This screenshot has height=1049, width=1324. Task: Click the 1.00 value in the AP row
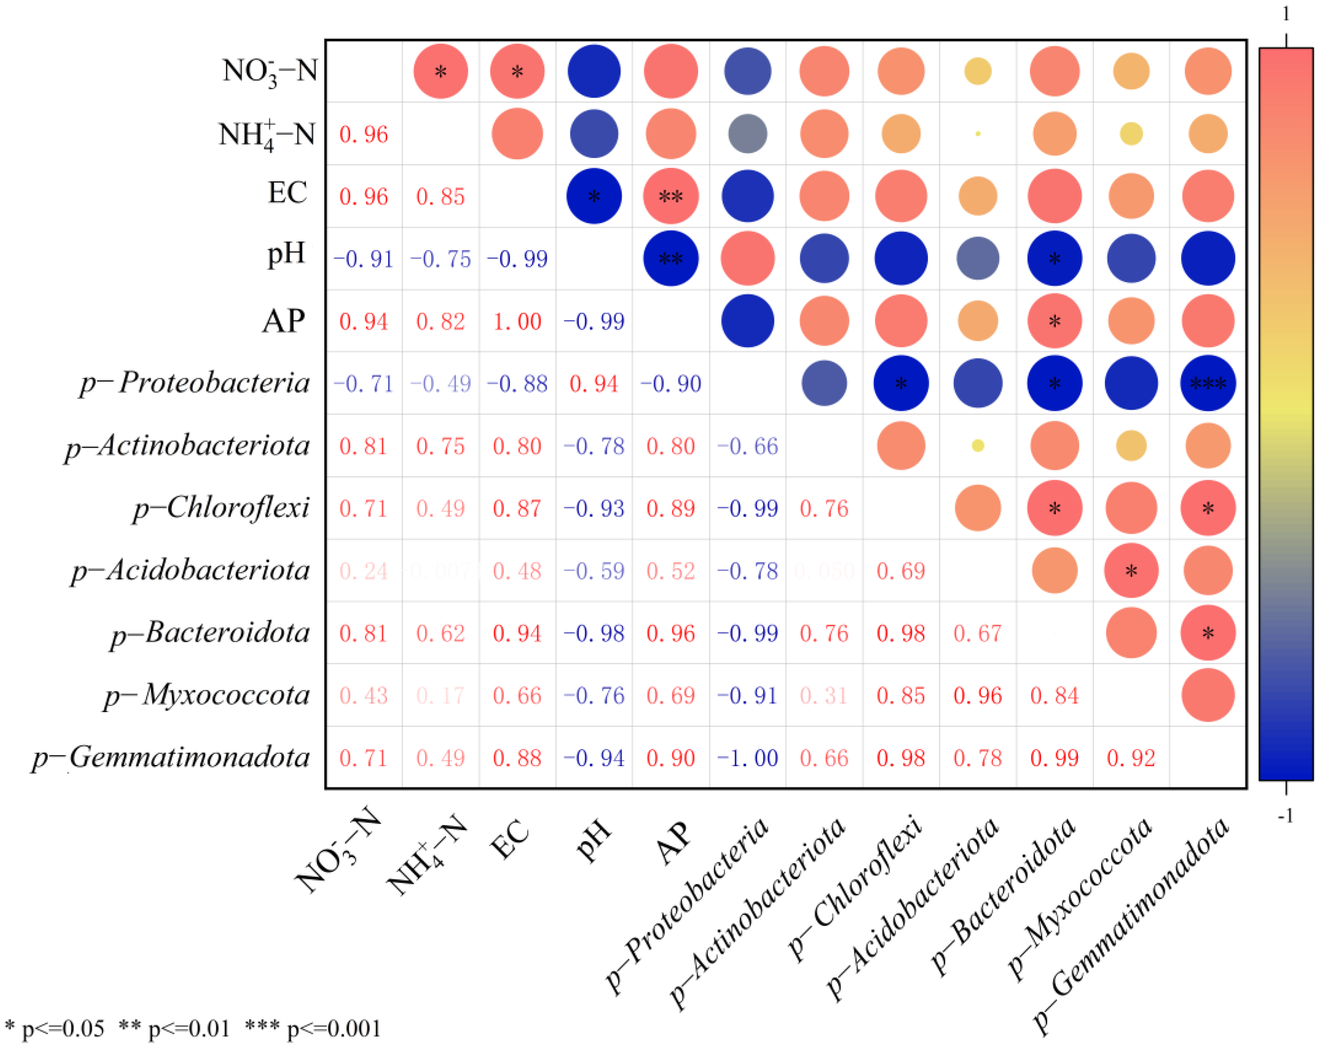click(517, 322)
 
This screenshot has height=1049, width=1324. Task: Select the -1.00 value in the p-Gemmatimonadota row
click(747, 758)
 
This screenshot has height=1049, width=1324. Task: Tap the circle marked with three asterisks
click(1207, 384)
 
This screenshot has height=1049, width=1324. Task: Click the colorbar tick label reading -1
click(1286, 817)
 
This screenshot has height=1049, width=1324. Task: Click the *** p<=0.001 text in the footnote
click(313, 1028)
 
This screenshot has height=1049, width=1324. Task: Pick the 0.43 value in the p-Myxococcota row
click(364, 695)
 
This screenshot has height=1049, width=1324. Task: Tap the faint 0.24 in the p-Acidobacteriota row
click(364, 571)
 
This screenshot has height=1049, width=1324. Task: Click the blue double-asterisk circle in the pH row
click(670, 258)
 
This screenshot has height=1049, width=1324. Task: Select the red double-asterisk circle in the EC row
click(670, 196)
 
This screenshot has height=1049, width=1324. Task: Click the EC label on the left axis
click(287, 193)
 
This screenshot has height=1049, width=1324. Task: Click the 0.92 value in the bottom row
click(1131, 758)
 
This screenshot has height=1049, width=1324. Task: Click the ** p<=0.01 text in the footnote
click(174, 1028)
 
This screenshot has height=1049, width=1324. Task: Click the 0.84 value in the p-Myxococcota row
click(1055, 695)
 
